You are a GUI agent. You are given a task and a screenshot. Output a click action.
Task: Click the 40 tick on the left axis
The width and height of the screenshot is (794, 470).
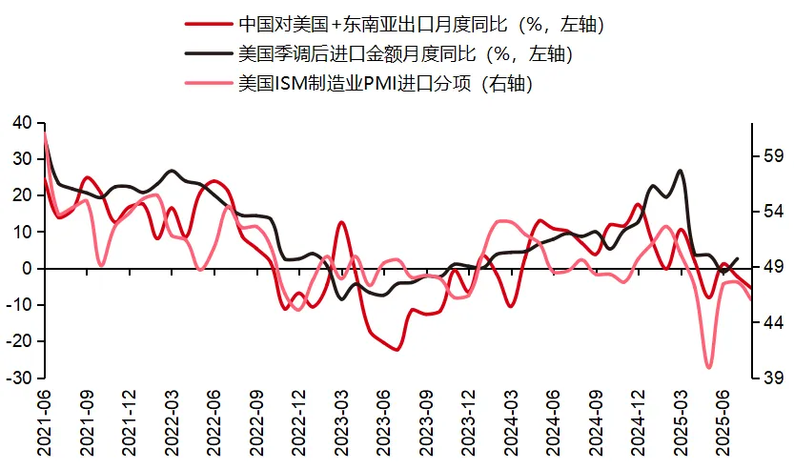click(x=22, y=122)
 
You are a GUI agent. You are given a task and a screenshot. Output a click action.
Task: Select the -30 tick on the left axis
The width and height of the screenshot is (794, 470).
click(x=19, y=378)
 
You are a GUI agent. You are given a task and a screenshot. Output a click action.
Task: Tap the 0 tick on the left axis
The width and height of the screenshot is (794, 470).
click(x=28, y=269)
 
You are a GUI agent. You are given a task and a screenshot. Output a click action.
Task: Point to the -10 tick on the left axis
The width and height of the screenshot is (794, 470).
click(x=19, y=305)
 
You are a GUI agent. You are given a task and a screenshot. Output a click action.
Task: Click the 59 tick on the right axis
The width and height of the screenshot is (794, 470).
click(x=772, y=156)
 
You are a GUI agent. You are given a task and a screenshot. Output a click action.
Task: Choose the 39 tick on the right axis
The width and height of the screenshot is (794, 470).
click(x=772, y=378)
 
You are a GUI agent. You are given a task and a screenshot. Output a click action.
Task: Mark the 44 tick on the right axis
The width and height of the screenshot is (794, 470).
click(x=772, y=323)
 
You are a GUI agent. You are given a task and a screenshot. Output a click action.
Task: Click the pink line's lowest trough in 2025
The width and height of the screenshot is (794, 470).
click(x=709, y=367)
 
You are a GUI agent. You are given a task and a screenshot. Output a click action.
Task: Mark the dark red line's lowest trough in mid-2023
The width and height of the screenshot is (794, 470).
click(x=396, y=350)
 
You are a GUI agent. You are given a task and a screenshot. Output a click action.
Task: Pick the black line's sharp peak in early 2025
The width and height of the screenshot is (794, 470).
click(x=681, y=171)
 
